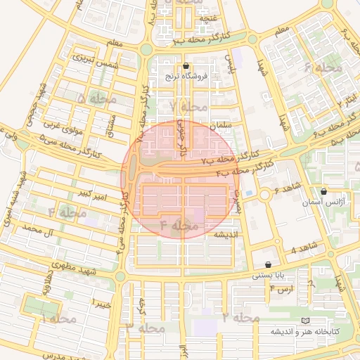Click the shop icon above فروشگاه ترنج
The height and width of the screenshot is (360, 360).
click(x=186, y=66)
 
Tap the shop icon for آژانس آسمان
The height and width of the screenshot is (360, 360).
click(x=323, y=191)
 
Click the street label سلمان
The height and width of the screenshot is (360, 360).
click(x=221, y=124)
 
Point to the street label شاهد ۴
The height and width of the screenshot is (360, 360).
click(x=304, y=247)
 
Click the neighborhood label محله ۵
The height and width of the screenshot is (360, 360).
click(x=96, y=99)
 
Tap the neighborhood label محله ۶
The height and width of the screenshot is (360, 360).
click(x=323, y=67)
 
